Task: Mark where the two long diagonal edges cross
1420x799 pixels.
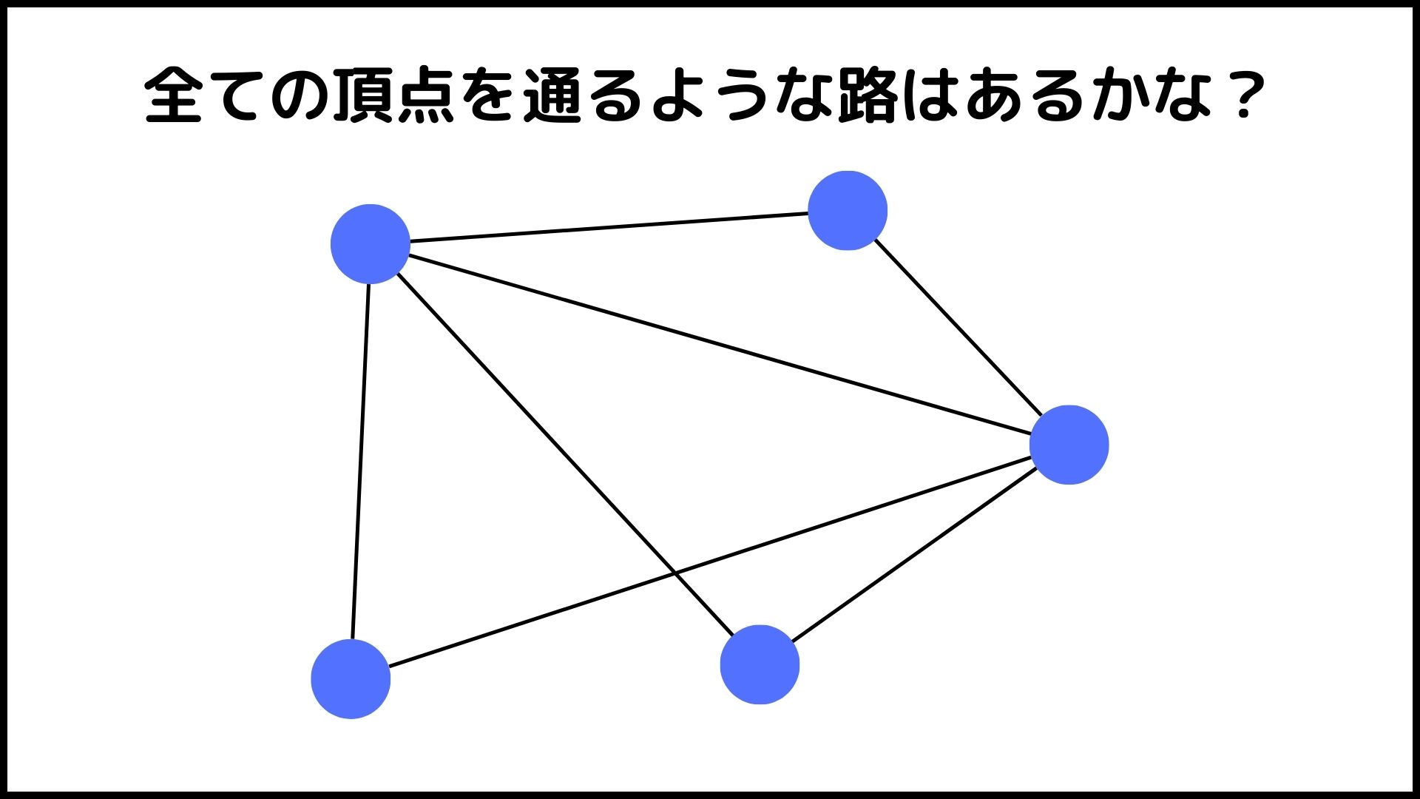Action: click(x=674, y=573)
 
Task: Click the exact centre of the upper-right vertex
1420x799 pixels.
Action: click(x=848, y=211)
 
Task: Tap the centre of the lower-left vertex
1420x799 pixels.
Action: click(x=351, y=679)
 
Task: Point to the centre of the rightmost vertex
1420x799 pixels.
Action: click(x=1069, y=445)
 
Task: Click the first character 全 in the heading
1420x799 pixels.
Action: click(x=174, y=95)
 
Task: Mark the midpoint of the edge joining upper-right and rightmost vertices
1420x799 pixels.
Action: click(x=958, y=327)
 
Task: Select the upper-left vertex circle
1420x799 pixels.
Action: click(x=371, y=244)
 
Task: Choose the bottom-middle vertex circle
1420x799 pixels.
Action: click(x=760, y=664)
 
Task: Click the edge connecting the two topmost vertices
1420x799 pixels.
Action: click(x=609, y=227)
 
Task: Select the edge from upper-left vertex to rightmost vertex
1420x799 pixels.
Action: click(x=720, y=345)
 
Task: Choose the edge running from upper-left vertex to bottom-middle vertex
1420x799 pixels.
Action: click(x=565, y=454)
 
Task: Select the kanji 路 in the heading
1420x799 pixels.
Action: click(x=868, y=95)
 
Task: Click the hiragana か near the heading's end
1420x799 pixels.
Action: click(x=1120, y=95)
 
